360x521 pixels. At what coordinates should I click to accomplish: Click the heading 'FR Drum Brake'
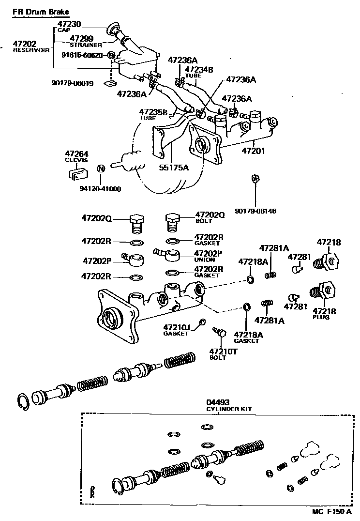pos(41,11)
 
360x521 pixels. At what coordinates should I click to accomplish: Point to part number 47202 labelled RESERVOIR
pos(25,44)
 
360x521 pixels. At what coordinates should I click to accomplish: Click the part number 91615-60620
pos(82,55)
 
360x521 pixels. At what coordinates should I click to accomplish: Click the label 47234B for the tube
pos(199,69)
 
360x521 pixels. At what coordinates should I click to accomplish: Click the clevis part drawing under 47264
pos(77,172)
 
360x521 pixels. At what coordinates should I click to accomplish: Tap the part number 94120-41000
pos(101,189)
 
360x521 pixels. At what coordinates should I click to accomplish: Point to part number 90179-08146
pos(256,212)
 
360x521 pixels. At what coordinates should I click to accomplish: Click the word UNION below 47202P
pos(204,260)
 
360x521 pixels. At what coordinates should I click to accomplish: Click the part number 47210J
pos(176,327)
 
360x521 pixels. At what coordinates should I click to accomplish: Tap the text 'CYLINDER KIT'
pos(229,409)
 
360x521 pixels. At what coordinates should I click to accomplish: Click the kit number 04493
pos(218,402)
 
